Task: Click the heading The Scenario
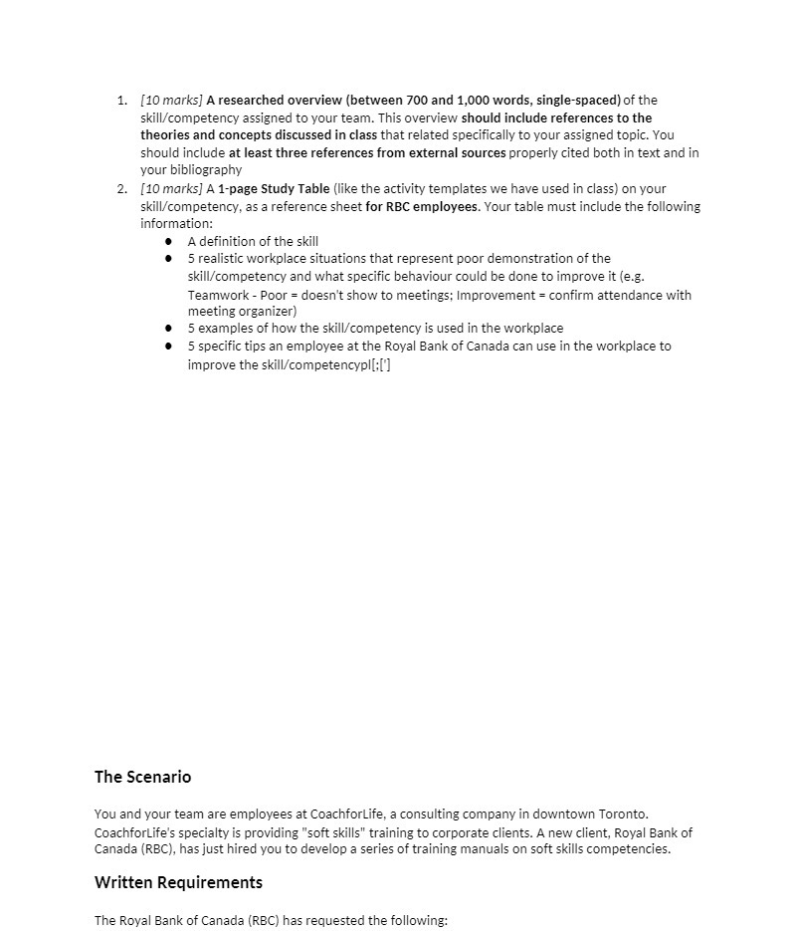coord(142,777)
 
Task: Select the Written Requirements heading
coord(178,882)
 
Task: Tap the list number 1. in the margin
coord(121,101)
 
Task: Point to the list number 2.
coord(121,189)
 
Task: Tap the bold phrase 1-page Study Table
coord(274,189)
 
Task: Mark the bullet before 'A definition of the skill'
coord(169,242)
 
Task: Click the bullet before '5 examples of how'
coord(169,329)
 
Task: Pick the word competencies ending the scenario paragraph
coord(632,849)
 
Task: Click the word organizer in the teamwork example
coord(266,312)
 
